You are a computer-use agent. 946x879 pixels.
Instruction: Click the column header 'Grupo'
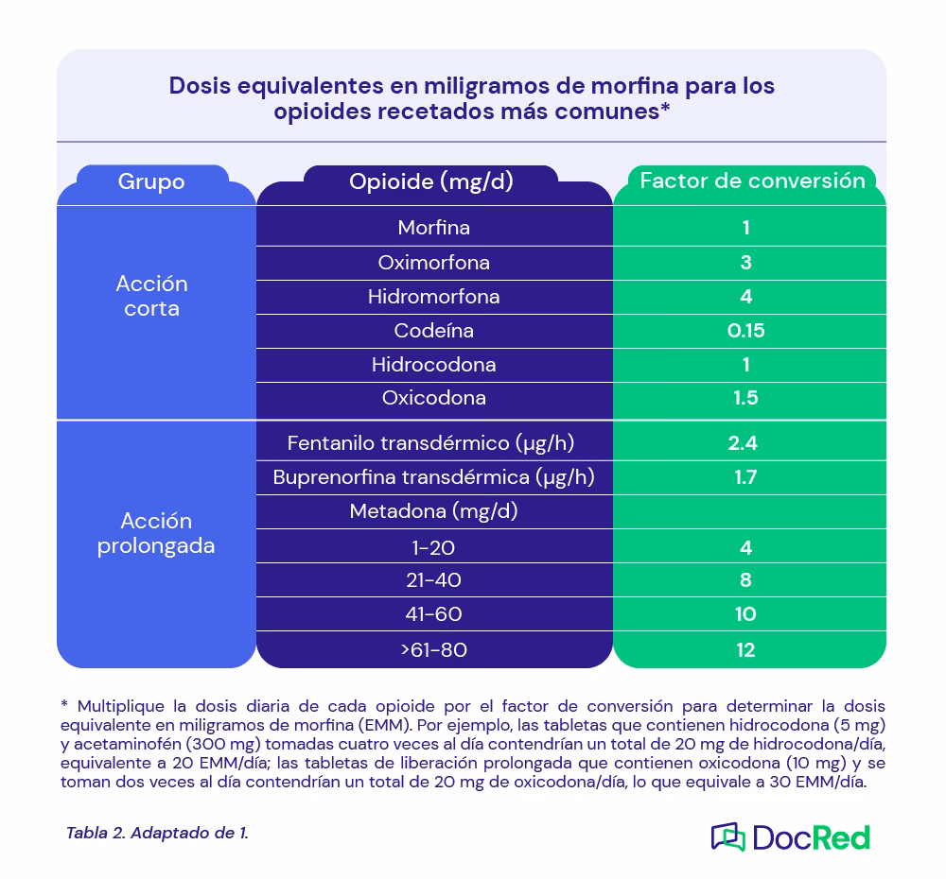tap(151, 181)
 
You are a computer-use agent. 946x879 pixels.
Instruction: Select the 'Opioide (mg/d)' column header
tap(431, 181)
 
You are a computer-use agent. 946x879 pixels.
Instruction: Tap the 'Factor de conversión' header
tap(752, 181)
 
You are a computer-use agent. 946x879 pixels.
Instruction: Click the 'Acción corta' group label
tap(151, 296)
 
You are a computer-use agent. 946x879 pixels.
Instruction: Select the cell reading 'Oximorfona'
tap(433, 262)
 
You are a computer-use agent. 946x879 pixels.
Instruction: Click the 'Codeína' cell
tap(433, 331)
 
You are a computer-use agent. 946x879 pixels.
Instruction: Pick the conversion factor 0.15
tap(746, 331)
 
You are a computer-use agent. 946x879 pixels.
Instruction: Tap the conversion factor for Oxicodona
tap(746, 398)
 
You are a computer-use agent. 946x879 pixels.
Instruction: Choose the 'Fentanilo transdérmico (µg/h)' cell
tap(431, 442)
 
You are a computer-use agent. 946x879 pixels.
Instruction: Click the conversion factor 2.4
tap(746, 442)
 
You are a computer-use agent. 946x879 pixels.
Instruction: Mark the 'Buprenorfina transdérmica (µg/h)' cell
tap(433, 476)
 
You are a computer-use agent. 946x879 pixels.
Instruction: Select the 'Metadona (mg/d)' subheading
tap(433, 511)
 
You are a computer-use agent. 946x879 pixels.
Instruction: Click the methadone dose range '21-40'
tap(433, 579)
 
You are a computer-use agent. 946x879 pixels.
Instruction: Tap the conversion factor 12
tap(746, 649)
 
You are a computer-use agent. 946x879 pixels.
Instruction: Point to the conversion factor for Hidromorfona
tap(746, 297)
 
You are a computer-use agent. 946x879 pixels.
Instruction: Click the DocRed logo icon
tap(727, 836)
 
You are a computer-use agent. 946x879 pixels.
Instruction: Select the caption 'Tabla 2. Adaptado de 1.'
tap(157, 833)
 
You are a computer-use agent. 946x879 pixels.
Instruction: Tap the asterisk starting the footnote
tap(64, 707)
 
